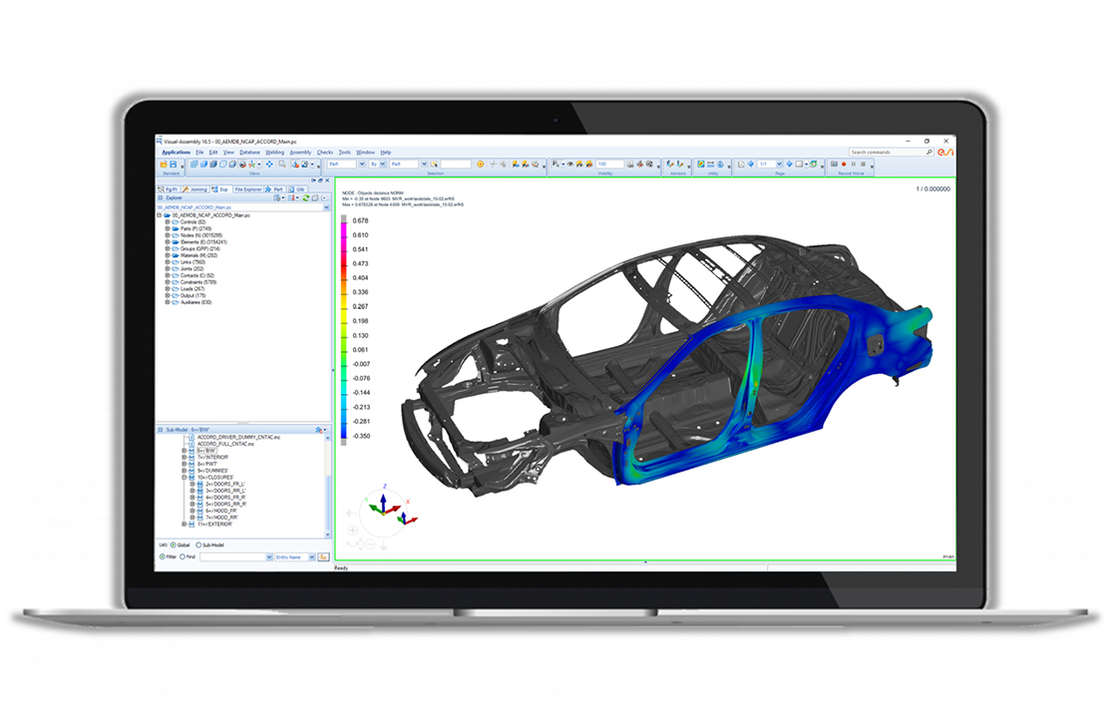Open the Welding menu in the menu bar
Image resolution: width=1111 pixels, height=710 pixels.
(274, 152)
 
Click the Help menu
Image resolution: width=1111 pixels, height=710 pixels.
(386, 152)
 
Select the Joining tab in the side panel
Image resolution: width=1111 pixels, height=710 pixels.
(194, 188)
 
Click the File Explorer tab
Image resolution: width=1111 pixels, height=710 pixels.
(249, 188)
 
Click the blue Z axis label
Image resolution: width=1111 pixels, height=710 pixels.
(385, 487)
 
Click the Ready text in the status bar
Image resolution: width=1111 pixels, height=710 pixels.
(341, 568)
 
